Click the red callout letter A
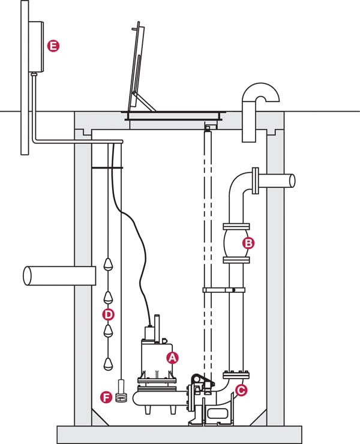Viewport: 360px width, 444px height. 173,358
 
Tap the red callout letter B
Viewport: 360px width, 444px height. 247,243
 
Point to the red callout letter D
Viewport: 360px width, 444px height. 109,314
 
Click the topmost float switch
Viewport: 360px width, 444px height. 108,264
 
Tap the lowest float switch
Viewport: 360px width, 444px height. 109,362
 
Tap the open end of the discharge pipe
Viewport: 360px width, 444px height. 292,181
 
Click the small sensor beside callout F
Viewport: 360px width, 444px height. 121,393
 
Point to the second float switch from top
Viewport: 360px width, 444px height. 108,297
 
